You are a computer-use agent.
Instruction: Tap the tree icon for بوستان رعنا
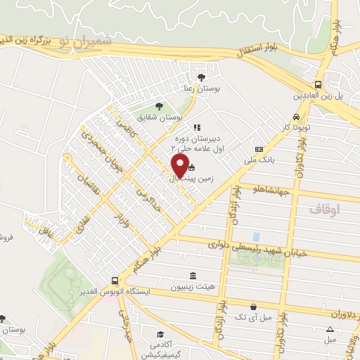point(202,77)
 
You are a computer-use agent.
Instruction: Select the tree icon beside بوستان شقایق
point(160,105)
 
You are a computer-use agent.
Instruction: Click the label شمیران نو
point(86,41)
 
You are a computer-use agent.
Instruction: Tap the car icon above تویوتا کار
point(296,117)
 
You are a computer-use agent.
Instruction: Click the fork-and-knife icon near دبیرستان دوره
point(196,128)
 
